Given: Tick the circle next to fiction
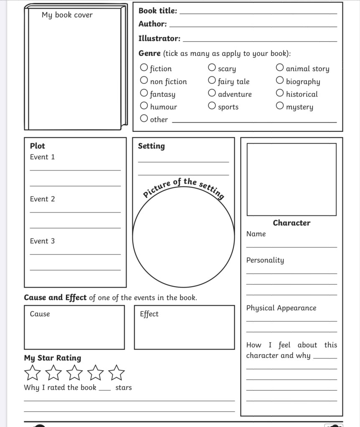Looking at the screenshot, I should [144, 68].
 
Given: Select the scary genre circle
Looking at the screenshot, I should [212, 68].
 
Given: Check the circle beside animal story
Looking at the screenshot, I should [280, 68].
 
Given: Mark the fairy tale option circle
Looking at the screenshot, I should [212, 81].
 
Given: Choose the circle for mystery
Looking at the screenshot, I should [280, 106].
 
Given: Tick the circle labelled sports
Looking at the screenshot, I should [212, 106].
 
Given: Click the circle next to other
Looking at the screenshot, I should [144, 119].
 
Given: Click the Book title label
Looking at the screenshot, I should [158, 11].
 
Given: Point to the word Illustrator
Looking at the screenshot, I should [159, 38].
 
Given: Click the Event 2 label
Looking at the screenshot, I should [42, 199].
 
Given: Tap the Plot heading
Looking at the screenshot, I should [37, 146].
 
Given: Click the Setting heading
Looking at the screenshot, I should [151, 146].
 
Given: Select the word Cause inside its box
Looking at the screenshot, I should [40, 314].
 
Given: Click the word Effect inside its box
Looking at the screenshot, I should [149, 314].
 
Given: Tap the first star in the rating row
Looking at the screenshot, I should [33, 372].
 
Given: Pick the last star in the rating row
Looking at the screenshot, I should [117, 372].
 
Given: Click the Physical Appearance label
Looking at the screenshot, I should [281, 308].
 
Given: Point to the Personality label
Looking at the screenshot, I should [265, 260].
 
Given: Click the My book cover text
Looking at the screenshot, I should [67, 15].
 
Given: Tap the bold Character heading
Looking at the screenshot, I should [292, 223].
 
